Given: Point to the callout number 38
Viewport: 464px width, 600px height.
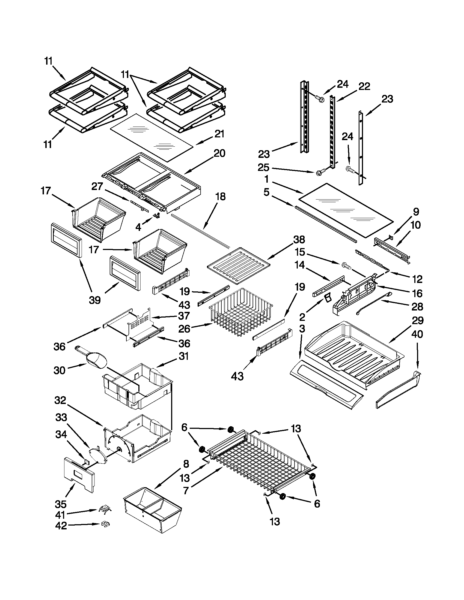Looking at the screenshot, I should (x=299, y=240).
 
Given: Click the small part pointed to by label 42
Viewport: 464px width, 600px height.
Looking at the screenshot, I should (x=105, y=524).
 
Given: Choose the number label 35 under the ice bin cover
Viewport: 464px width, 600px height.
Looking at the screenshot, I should (x=61, y=504).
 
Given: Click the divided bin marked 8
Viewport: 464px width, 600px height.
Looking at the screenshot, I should (x=153, y=508).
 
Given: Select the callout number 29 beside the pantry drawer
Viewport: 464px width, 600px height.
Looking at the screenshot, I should (x=418, y=320).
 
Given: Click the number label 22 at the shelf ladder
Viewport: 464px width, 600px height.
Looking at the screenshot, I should (x=364, y=86).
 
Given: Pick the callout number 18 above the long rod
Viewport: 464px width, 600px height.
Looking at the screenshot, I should (x=220, y=197).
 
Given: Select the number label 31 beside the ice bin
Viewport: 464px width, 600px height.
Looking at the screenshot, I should (x=183, y=357).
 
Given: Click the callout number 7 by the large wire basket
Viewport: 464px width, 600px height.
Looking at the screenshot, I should (x=186, y=490).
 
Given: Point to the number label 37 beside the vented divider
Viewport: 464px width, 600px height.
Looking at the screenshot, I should (x=184, y=316).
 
